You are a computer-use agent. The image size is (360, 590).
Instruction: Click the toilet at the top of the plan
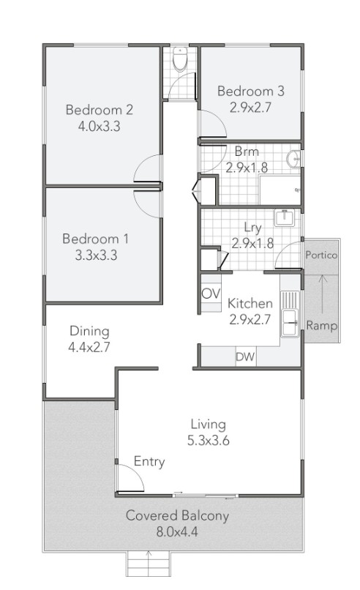[180, 59]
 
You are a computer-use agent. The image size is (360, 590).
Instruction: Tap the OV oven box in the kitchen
[211, 294]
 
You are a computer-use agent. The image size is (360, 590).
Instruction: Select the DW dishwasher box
[245, 356]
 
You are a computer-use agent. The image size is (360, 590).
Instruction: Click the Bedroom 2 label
[100, 110]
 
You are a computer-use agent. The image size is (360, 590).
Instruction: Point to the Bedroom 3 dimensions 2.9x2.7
[250, 108]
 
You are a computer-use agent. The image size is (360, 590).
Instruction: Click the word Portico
[321, 255]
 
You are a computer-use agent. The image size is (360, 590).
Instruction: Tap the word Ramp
[322, 326]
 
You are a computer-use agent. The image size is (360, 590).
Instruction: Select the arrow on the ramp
[323, 294]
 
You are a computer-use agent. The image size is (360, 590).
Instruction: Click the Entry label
[149, 462]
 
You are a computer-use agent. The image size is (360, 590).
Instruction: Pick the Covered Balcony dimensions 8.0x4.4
[177, 532]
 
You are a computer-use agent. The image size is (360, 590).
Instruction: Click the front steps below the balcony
[149, 564]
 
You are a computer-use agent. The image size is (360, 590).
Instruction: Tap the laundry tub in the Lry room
[285, 218]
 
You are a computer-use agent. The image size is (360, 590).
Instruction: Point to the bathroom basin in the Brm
[293, 159]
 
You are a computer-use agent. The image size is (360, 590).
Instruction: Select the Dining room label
[89, 331]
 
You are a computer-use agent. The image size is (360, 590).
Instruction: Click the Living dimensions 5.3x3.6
[209, 440]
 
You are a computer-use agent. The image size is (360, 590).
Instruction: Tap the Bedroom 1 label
[96, 239]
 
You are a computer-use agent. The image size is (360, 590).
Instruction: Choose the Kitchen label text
[250, 303]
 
